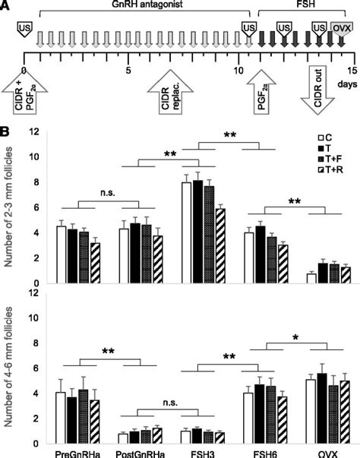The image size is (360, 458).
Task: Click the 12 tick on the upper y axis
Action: click(x=34, y=132)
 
